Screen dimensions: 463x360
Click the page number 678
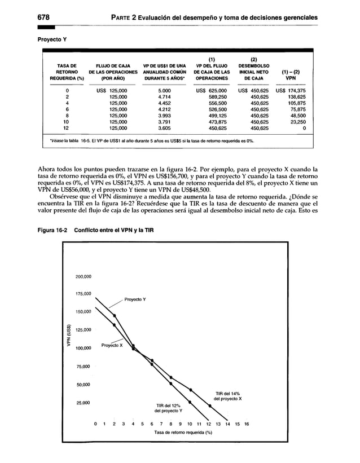tap(45, 17)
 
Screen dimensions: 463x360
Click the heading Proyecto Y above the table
tap(53, 40)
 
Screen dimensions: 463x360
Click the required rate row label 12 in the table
tap(66, 127)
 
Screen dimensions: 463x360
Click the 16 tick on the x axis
tap(247, 424)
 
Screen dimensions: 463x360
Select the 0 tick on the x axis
tap(96, 424)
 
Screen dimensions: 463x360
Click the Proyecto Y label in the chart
tap(135, 299)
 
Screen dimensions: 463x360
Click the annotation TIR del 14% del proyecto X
tap(229, 395)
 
